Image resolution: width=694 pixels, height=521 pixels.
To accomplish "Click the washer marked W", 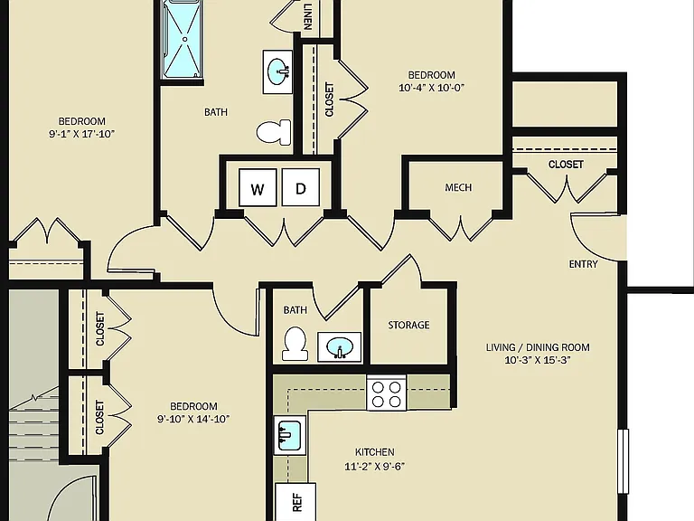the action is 258,187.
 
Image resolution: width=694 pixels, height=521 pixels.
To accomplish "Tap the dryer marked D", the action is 301,187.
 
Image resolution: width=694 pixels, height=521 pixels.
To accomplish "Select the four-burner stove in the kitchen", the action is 387,393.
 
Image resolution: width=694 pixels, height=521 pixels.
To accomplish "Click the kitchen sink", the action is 290,435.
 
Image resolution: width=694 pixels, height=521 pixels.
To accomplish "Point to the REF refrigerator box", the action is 295,502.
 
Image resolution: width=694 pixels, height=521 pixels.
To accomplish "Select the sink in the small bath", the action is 340,347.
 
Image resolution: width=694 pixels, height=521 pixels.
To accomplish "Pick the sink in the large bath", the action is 278,71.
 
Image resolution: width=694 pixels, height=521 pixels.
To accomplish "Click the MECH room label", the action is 458,187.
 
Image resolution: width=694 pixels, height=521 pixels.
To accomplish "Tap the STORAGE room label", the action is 408,326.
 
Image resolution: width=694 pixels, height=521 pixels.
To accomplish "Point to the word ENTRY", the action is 583,264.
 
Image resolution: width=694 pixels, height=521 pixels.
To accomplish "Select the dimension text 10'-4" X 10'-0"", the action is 432,88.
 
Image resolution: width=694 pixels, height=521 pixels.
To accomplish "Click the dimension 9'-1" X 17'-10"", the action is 82,134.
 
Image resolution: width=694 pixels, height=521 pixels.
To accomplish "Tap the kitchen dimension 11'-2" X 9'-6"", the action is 374,466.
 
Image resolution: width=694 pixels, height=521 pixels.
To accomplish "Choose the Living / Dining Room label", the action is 538,347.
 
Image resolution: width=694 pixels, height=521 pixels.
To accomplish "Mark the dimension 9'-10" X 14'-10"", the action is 193,419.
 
